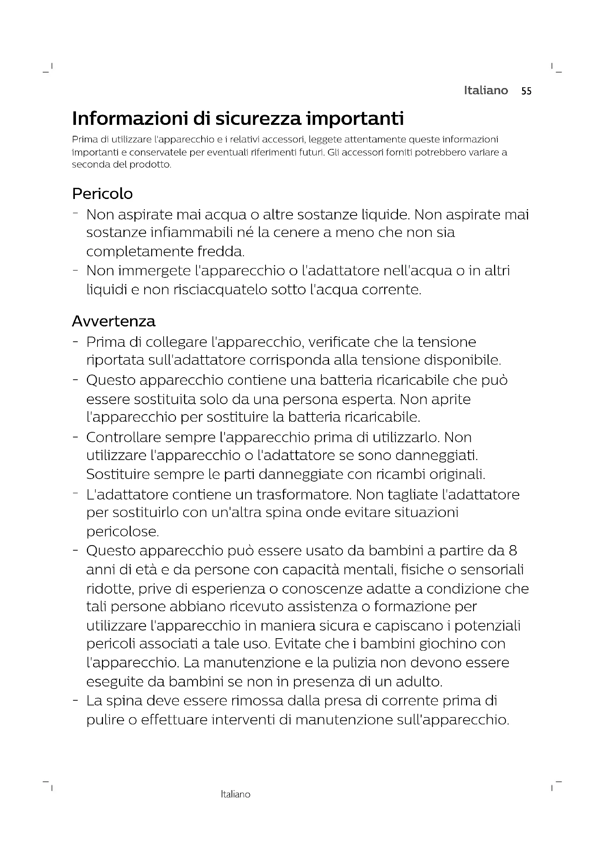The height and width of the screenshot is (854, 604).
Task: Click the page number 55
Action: click(x=526, y=91)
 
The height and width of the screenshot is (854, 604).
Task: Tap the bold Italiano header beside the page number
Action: click(x=486, y=91)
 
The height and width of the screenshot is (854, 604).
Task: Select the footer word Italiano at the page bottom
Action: click(x=236, y=794)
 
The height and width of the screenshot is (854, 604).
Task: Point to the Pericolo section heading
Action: click(x=102, y=194)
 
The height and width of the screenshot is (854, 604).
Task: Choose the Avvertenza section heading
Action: click(x=114, y=321)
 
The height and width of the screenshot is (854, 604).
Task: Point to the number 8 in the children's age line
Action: click(x=513, y=551)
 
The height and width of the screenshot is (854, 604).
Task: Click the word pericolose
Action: click(x=122, y=532)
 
